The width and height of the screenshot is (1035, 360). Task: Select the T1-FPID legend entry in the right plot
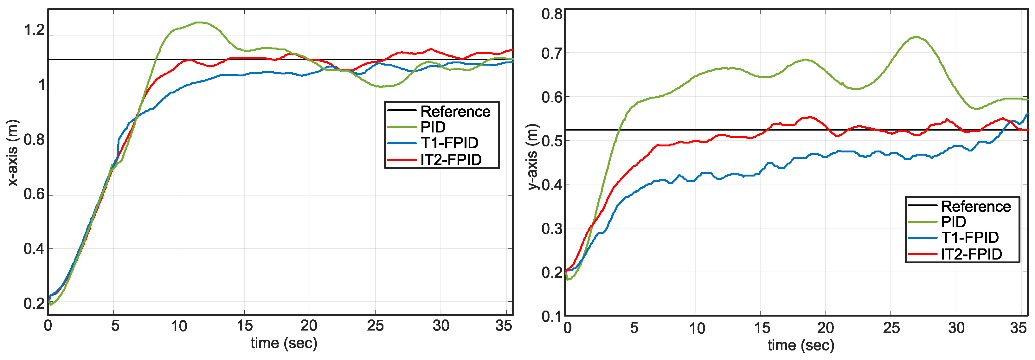pos(969,237)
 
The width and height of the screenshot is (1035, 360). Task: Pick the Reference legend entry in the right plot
pos(975,207)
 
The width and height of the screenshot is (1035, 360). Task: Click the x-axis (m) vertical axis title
pos(13,153)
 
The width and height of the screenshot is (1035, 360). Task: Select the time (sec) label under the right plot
pos(801,345)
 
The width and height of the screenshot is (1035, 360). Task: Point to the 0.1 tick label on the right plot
pos(552,316)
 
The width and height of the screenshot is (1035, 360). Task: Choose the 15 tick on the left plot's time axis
pos(244,326)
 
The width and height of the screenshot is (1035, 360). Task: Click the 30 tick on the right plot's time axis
pos(956,328)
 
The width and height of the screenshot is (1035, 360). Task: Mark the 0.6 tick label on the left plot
pos(34,195)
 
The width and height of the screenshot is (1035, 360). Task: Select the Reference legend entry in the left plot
pos(455,111)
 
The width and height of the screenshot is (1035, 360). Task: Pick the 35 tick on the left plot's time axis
pos(504,326)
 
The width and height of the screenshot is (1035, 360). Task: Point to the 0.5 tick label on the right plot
pos(552,141)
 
